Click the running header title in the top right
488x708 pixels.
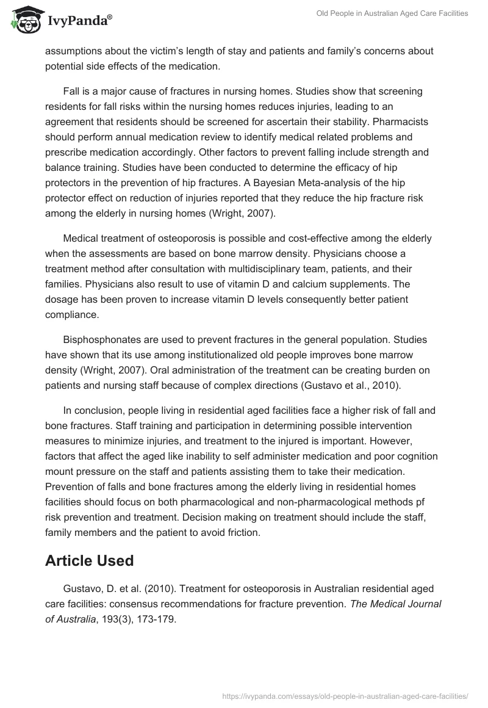391,13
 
